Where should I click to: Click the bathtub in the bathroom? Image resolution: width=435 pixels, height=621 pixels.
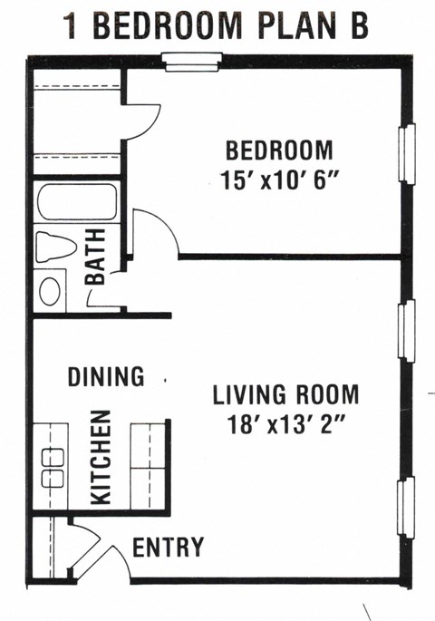tap(77, 201)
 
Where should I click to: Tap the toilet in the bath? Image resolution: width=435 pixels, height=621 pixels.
tap(56, 247)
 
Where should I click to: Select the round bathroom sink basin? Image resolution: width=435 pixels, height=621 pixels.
tap(50, 291)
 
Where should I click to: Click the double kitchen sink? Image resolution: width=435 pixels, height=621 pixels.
tap(53, 468)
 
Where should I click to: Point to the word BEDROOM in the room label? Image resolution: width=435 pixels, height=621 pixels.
tap(279, 150)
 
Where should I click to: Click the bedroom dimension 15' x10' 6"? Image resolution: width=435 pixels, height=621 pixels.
tap(280, 180)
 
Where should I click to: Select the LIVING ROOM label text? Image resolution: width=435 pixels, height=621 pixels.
tap(285, 394)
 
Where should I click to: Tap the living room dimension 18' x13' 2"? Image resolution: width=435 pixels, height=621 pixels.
tap(285, 424)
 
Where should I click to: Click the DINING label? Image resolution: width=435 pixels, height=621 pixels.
tap(106, 376)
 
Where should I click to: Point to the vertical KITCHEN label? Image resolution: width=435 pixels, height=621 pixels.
tap(101, 458)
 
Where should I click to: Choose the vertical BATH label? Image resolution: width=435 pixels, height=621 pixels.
tap(95, 257)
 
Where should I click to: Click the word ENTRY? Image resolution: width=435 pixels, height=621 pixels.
tap(169, 547)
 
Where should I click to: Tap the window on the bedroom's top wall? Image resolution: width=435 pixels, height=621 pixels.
tap(192, 63)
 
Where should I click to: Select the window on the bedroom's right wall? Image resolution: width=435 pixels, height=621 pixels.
tap(407, 153)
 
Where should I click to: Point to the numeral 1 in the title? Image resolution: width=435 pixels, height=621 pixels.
tap(72, 25)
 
